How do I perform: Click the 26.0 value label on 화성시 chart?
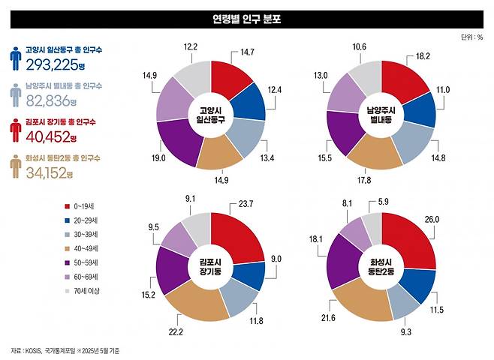(453, 220)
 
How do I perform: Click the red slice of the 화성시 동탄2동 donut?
(412, 239)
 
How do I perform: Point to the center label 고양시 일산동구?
(211, 114)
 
